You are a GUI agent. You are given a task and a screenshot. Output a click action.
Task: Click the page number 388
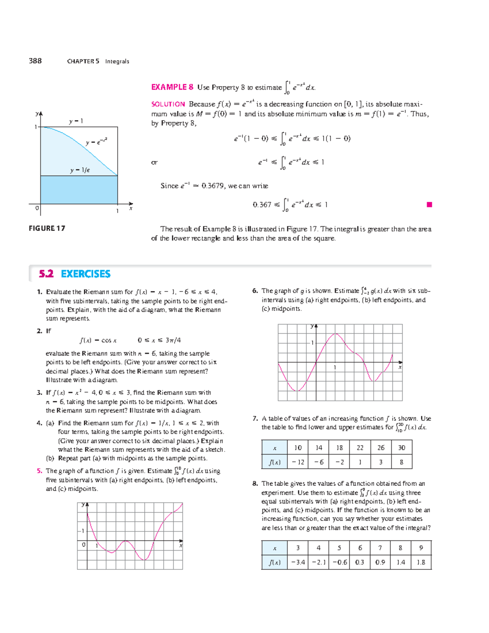pyautogui.click(x=35, y=61)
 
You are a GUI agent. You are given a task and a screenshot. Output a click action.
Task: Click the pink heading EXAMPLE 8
pyautogui.click(x=172, y=87)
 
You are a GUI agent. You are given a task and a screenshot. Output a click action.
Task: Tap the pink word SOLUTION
pyautogui.click(x=168, y=104)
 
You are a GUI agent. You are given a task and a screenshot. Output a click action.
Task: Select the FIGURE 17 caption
pyautogui.click(x=47, y=228)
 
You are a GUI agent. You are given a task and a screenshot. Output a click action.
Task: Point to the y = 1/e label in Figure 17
pyautogui.click(x=80, y=170)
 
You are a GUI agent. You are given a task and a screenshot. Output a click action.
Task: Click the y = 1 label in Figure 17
pyautogui.click(x=76, y=121)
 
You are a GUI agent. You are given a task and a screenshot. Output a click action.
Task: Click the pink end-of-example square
pyautogui.click(x=429, y=205)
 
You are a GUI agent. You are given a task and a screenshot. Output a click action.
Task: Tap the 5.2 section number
pyautogui.click(x=46, y=274)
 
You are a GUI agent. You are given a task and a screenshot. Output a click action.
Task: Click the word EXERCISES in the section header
pyautogui.click(x=86, y=274)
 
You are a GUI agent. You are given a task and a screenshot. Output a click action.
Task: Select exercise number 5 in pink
pyautogui.click(x=39, y=471)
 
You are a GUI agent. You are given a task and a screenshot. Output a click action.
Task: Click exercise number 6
pyautogui.click(x=255, y=291)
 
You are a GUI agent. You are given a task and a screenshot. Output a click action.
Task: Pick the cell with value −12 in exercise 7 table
pyautogui.click(x=298, y=462)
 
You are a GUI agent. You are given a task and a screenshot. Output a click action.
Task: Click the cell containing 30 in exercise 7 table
pyautogui.click(x=401, y=448)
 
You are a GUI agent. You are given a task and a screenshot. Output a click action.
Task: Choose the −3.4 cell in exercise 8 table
pyautogui.click(x=298, y=562)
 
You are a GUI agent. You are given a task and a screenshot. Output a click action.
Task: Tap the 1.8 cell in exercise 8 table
pyautogui.click(x=421, y=562)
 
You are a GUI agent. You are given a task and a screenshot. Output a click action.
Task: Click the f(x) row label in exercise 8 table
pyautogui.click(x=274, y=562)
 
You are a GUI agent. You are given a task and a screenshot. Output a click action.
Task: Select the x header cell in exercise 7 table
pyautogui.click(x=274, y=448)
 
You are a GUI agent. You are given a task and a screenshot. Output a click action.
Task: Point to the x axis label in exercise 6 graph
pyautogui.click(x=400, y=367)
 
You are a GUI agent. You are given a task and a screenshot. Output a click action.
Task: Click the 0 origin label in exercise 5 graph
pyautogui.click(x=84, y=545)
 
